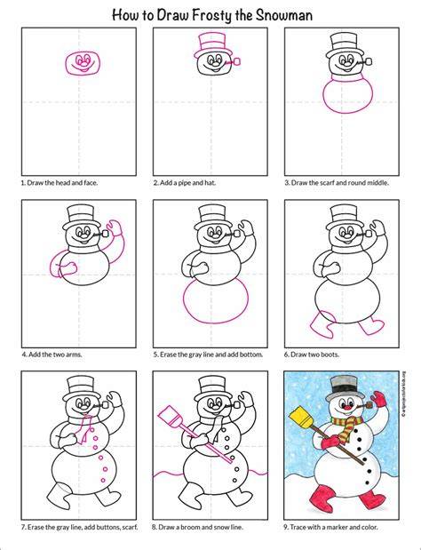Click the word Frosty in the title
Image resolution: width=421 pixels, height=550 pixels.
pyautogui.click(x=211, y=15)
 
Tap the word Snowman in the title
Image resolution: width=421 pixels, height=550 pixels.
pyautogui.click(x=283, y=15)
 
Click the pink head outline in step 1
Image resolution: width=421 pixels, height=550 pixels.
pyautogui.click(x=67, y=63)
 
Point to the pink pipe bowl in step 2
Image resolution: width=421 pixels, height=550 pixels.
pyautogui.click(x=236, y=62)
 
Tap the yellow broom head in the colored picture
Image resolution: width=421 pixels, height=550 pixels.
pyautogui.click(x=302, y=417)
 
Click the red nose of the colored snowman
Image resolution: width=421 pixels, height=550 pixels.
pyautogui.click(x=346, y=407)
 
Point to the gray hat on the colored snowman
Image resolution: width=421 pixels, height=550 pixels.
pyautogui.click(x=342, y=388)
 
